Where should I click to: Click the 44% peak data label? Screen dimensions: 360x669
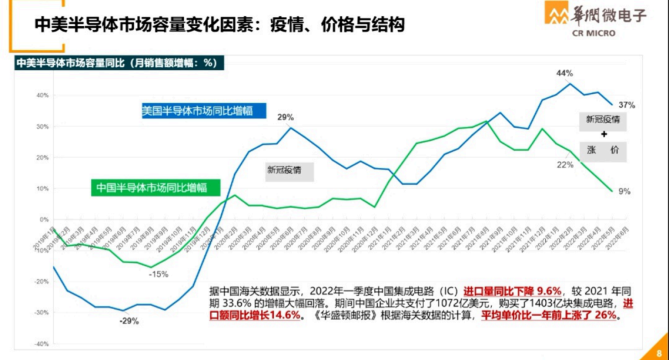click(x=564, y=73)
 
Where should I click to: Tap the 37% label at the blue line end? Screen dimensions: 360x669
click(x=626, y=105)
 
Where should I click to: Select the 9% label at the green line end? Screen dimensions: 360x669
click(x=624, y=191)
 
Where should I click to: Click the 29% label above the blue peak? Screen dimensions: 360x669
click(x=286, y=117)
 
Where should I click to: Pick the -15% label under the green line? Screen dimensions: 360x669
click(x=159, y=274)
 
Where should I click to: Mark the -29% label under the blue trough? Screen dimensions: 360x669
click(x=129, y=321)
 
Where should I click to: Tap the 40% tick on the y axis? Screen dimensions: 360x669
click(x=42, y=95)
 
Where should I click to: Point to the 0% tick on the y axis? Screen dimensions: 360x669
click(x=43, y=219)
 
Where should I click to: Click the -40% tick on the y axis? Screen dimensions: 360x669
click(x=41, y=343)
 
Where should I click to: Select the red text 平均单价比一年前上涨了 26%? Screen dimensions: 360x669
click(x=547, y=315)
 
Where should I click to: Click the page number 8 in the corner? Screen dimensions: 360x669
click(x=658, y=353)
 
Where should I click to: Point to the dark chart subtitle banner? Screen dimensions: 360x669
click(x=118, y=63)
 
